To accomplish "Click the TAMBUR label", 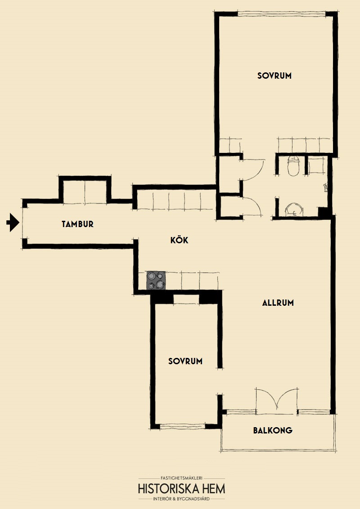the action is [78, 224].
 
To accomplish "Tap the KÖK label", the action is [180, 240].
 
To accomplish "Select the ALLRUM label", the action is [278, 303].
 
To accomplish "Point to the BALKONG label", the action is [273, 430].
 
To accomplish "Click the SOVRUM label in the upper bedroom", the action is [274, 76].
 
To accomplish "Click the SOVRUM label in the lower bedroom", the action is [185, 361].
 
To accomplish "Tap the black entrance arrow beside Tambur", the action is [13, 223].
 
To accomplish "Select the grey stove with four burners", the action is [156, 280].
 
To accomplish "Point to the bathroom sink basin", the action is [294, 210].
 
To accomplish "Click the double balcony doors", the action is [276, 400].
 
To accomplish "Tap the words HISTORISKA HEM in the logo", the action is [182, 489].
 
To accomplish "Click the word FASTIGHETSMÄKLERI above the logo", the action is [182, 478].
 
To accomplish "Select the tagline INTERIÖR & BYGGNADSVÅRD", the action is [182, 499].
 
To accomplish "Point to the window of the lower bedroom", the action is [183, 426].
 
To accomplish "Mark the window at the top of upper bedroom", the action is [281, 13].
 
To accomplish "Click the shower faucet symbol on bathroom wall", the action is [326, 188].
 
